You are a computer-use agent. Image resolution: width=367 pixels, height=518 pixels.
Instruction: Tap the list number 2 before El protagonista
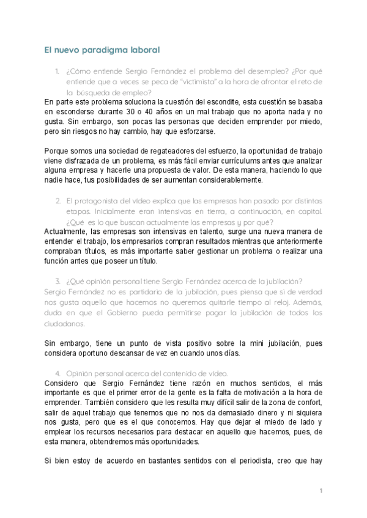point(57,200)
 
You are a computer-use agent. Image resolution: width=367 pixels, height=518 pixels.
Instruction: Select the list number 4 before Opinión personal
point(57,373)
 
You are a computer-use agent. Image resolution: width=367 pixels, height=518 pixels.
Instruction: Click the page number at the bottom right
point(321,491)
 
